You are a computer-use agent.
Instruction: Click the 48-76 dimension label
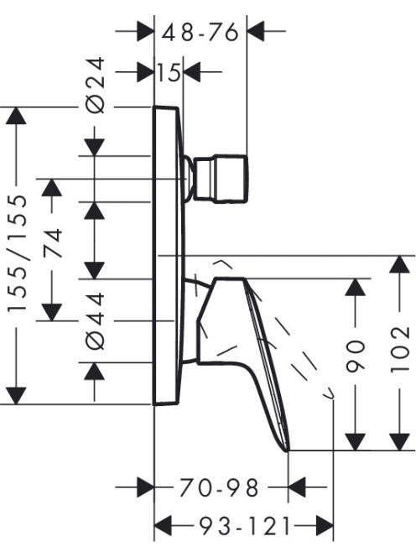200,32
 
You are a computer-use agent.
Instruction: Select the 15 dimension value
169,72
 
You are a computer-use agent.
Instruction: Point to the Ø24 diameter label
96,85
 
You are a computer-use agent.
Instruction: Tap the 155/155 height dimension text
18,253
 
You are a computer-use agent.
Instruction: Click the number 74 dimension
52,243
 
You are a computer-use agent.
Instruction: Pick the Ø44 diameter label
96,320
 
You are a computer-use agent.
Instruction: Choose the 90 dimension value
356,357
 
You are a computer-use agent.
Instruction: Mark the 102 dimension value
400,349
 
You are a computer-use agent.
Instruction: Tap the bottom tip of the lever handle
288,450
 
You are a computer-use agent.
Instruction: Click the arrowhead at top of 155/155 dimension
16,116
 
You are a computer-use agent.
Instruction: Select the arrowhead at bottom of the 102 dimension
400,442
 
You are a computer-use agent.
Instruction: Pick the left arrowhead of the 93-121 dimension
163,526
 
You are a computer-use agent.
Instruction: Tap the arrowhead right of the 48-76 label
256,31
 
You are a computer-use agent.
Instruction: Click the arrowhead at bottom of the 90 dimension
356,442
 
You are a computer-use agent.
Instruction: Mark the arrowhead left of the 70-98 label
146,487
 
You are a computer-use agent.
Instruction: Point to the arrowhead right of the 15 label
192,72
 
